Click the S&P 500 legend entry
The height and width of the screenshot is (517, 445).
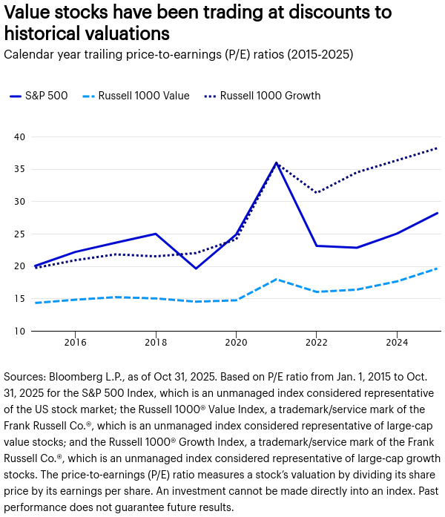pyautogui.click(x=39, y=96)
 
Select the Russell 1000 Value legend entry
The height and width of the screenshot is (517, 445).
pyautogui.click(x=136, y=96)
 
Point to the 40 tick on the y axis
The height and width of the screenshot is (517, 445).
pyautogui.click(x=19, y=136)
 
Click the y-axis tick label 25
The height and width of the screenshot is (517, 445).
pyautogui.click(x=19, y=234)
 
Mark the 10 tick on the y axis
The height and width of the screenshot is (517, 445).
pyautogui.click(x=19, y=332)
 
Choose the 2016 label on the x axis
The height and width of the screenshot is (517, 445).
pyautogui.click(x=75, y=343)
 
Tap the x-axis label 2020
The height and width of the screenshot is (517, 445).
pyautogui.click(x=236, y=343)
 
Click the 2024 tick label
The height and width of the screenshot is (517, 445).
pyautogui.click(x=397, y=343)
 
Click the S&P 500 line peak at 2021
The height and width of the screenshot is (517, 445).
pyautogui.click(x=276, y=162)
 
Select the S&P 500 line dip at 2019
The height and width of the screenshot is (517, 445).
pyautogui.click(x=196, y=269)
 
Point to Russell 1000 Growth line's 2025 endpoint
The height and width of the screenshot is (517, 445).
pyautogui.click(x=437, y=148)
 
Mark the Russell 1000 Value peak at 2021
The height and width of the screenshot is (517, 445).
pyautogui.click(x=276, y=280)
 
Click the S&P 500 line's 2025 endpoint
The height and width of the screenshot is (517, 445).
pyautogui.click(x=437, y=213)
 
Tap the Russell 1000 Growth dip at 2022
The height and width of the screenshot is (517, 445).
pyautogui.click(x=317, y=193)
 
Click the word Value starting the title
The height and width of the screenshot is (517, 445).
pyautogui.click(x=28, y=13)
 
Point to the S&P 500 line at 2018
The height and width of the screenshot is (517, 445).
pyautogui.click(x=156, y=234)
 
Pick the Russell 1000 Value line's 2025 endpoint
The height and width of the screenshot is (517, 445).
pyautogui.click(x=437, y=269)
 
